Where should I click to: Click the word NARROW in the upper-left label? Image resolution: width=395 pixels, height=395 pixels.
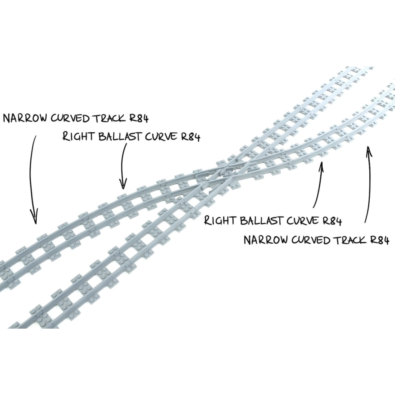[25, 118]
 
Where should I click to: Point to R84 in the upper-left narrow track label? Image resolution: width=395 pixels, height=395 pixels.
[139, 118]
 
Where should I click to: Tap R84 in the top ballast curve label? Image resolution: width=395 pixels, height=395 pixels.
[190, 137]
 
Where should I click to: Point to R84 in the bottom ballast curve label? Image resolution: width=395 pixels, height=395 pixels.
[331, 221]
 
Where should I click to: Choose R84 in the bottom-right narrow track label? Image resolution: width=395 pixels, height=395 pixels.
[379, 240]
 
